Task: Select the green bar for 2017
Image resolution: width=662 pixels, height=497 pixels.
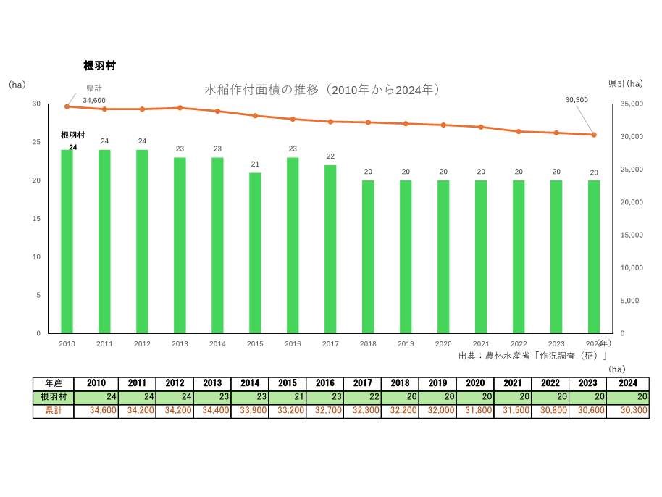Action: point(330,248)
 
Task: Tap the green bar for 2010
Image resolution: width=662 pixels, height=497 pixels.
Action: point(67,241)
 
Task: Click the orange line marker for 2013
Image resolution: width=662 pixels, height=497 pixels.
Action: point(180,108)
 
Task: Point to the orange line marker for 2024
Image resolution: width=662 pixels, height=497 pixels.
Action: point(594,135)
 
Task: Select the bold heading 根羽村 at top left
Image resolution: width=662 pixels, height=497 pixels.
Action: point(100,66)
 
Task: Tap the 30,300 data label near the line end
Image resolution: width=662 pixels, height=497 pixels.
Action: point(577,100)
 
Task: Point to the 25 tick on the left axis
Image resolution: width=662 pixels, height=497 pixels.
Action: point(36,142)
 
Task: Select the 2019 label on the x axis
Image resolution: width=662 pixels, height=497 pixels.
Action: point(406,344)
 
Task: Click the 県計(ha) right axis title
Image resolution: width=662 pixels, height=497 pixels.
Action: point(625,84)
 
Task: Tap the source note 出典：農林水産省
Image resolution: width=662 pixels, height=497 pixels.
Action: point(532,356)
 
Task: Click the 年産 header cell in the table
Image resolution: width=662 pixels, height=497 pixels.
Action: point(53,383)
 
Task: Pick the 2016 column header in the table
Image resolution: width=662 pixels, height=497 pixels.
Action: point(325,383)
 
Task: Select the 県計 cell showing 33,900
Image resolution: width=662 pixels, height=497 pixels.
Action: point(250,411)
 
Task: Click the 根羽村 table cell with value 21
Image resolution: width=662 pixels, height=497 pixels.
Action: point(288,397)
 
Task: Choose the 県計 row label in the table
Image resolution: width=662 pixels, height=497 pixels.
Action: point(53,411)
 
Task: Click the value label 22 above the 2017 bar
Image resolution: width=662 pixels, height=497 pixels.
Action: point(330,156)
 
